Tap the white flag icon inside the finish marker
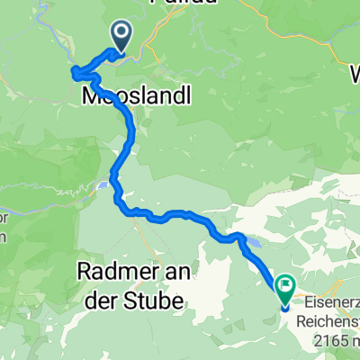285,288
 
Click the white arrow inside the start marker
120,34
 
